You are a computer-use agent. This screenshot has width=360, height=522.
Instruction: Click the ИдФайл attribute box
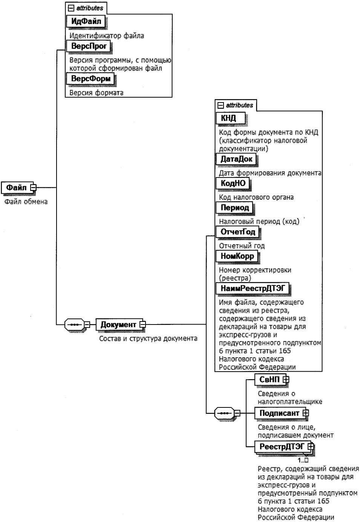[x=86, y=21]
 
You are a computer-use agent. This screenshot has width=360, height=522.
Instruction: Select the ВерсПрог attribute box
[x=89, y=46]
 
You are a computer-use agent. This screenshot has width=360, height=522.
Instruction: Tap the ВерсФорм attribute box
[x=90, y=79]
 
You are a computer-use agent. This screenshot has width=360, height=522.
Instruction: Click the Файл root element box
[x=17, y=187]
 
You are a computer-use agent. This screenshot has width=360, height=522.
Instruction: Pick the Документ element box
[x=118, y=325]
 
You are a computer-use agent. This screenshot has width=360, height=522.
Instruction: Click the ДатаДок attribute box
[x=236, y=159]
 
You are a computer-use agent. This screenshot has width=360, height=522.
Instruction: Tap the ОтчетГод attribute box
[x=238, y=232]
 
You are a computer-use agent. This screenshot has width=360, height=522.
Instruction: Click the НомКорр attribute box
[x=237, y=256]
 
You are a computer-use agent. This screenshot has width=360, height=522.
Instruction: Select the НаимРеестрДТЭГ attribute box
[x=253, y=289]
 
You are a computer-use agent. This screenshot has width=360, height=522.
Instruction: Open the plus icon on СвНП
[x=286, y=380]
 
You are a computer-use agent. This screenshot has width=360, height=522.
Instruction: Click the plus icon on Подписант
[x=306, y=413]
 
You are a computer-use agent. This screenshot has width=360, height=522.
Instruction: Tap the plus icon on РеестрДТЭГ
[x=311, y=447]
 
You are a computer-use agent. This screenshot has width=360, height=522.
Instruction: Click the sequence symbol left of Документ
[x=74, y=325]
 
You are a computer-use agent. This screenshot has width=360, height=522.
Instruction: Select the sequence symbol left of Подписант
[x=224, y=413]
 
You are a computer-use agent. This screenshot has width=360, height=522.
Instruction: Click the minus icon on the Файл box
[x=33, y=187]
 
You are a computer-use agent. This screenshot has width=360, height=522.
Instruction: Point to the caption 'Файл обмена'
[x=26, y=202]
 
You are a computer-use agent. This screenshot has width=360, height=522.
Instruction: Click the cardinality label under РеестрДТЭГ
[x=303, y=460]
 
